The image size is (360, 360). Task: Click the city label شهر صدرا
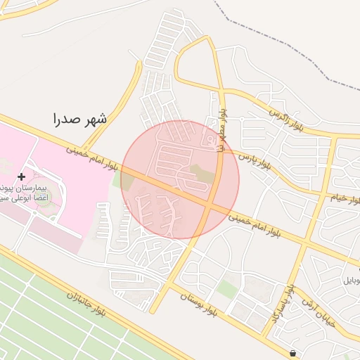point(80,119)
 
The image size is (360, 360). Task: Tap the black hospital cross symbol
point(21,176)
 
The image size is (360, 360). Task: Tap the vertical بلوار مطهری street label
point(220,126)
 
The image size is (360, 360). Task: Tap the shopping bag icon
point(292,353)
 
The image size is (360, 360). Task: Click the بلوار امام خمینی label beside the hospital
point(92,157)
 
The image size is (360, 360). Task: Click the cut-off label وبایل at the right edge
point(351,280)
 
